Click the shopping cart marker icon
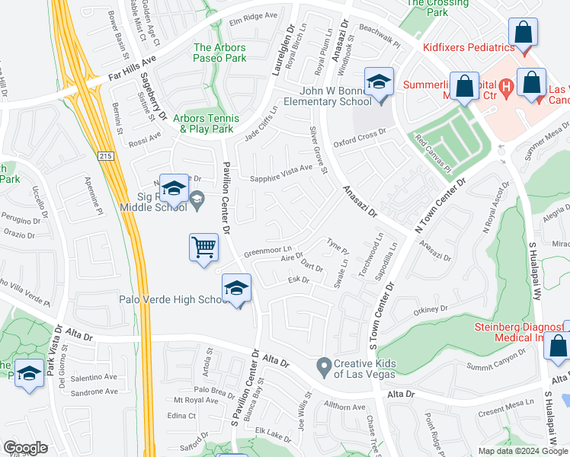click(x=203, y=247)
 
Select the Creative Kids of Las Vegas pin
click(x=325, y=366)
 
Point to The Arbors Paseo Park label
click(x=219, y=53)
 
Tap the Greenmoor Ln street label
click(x=267, y=251)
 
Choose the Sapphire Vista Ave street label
click(x=282, y=172)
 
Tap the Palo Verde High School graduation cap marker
click(x=236, y=289)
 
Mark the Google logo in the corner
click(x=26, y=448)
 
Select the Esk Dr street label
click(x=298, y=281)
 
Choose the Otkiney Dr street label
click(x=430, y=310)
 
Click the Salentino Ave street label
click(x=94, y=377)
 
